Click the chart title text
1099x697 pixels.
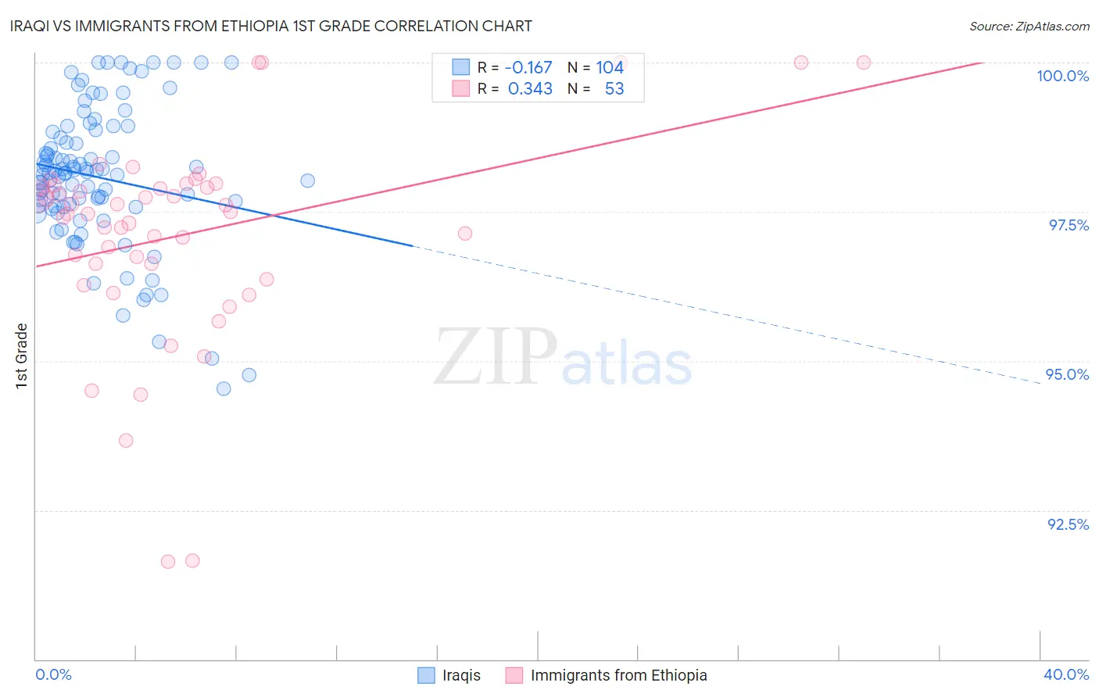tap(272, 26)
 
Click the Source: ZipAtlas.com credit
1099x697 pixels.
tap(1029, 26)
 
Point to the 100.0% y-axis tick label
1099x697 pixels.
tap(1062, 76)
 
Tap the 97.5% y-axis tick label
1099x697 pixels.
tap(1069, 225)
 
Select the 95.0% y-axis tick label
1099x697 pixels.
tap(1067, 374)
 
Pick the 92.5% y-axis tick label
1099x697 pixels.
tap(1068, 524)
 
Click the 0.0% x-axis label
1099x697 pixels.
tap(53, 674)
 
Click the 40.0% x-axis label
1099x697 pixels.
tap(1066, 674)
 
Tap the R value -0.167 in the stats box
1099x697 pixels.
tap(528, 68)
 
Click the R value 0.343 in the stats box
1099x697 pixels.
tap(530, 89)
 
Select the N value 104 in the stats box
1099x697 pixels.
tap(610, 68)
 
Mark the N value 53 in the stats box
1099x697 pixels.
tap(614, 89)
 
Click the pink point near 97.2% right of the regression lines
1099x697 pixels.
tap(465, 233)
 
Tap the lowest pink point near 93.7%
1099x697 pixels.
tap(126, 441)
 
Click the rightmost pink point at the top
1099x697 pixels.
tap(864, 63)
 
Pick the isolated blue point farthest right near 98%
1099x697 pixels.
tap(308, 181)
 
